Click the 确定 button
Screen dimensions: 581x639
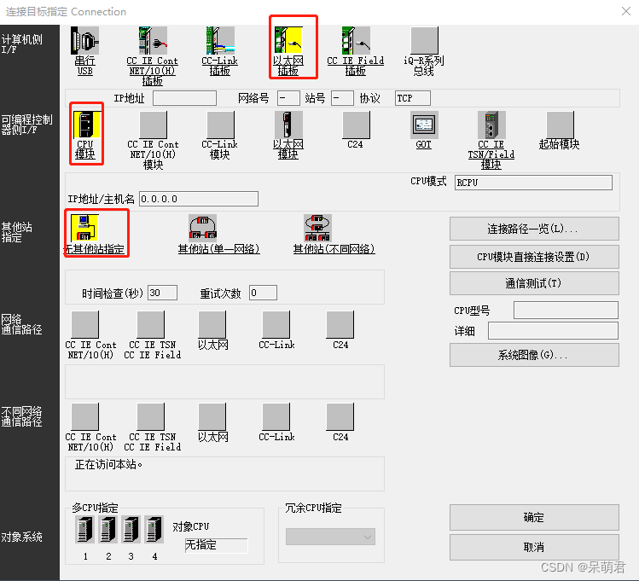point(534,517)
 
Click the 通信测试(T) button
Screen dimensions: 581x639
point(534,283)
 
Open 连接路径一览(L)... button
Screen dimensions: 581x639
point(534,229)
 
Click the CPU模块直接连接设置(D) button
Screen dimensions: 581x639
point(534,257)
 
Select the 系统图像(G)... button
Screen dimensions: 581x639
point(534,355)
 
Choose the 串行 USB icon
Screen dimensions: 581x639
point(85,40)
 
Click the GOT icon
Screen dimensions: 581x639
point(424,125)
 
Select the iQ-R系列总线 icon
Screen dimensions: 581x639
point(424,40)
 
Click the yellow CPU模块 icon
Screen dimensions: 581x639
point(85,125)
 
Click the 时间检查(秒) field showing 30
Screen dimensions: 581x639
point(162,293)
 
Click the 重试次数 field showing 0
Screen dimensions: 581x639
point(263,293)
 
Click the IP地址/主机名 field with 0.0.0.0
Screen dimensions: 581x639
point(198,199)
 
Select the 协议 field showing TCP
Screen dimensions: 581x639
point(413,98)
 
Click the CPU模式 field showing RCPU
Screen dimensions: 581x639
point(532,182)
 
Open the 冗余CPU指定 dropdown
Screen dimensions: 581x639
point(330,537)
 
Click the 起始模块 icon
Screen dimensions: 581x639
point(560,125)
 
